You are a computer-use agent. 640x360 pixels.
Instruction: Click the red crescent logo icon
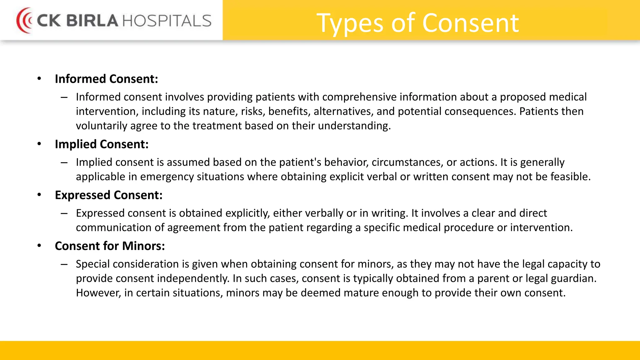tap(24, 21)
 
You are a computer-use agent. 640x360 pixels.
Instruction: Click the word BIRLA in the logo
tap(92, 21)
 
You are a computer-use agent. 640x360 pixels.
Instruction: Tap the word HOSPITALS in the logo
tap(167, 21)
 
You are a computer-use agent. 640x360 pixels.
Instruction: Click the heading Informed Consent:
tap(106, 79)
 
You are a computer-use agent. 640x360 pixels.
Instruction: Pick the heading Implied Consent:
tap(102, 144)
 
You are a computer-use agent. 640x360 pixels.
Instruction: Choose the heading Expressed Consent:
tap(108, 195)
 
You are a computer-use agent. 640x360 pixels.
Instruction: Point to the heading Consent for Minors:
tap(110, 246)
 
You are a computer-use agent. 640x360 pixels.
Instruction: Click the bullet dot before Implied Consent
tap(39, 144)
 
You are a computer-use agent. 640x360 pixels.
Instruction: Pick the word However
tap(98, 293)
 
